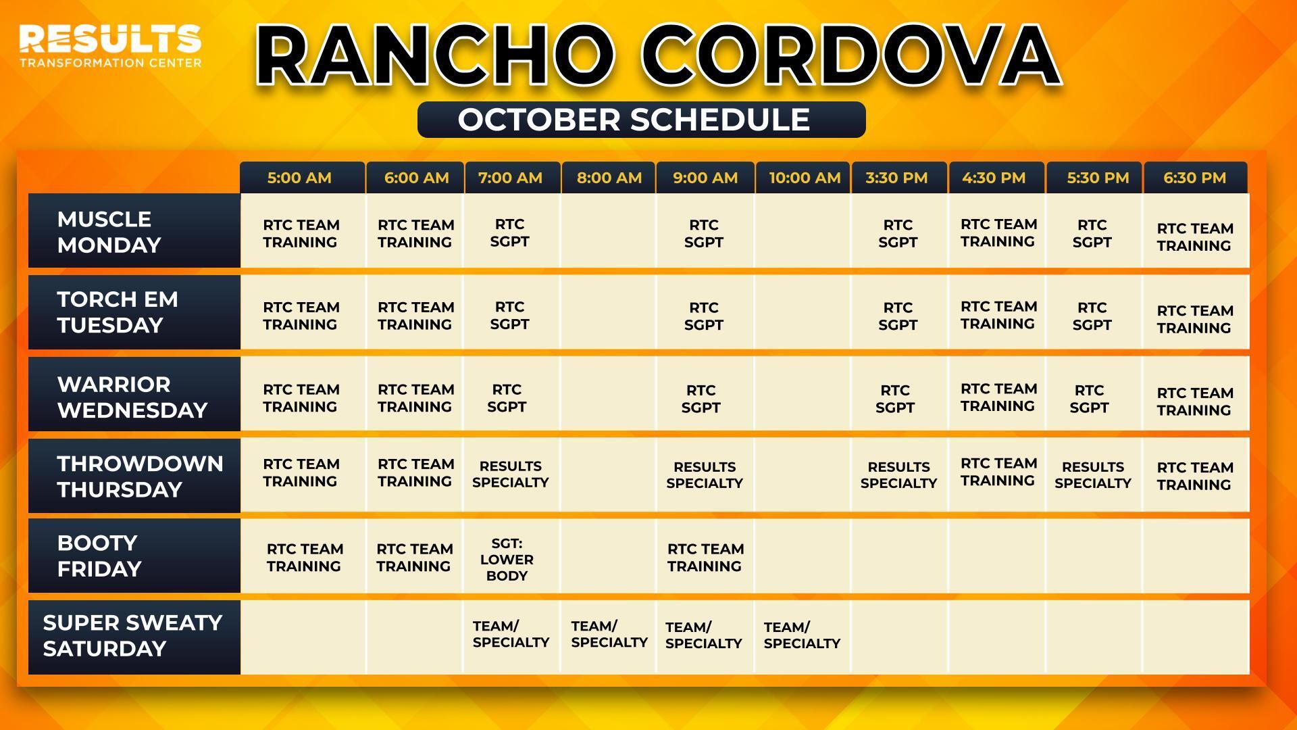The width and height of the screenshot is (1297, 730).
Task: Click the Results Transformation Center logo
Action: tap(110, 46)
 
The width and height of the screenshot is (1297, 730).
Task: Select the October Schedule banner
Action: tap(641, 120)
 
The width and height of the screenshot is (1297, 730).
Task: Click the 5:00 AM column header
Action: tap(302, 178)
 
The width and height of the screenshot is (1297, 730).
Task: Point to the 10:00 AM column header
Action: tap(803, 178)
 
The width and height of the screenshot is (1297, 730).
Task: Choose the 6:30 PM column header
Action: tap(1195, 178)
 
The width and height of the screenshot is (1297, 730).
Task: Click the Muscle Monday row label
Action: tap(134, 231)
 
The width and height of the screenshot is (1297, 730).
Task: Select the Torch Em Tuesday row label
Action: tap(134, 312)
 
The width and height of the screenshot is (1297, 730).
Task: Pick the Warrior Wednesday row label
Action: tap(134, 394)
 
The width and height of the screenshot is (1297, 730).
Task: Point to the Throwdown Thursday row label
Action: tap(134, 476)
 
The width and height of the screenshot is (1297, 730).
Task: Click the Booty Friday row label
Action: tap(134, 556)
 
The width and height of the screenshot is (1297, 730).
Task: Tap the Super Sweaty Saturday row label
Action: tap(134, 637)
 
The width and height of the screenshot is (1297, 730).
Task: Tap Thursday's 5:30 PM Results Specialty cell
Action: tap(1094, 474)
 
